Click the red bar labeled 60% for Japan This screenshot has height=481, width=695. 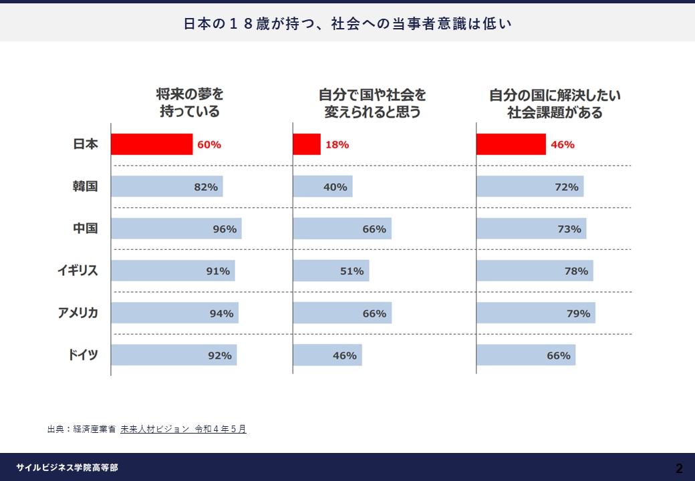tap(152, 144)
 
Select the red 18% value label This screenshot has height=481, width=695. tap(338, 144)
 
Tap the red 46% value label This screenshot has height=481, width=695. tap(563, 144)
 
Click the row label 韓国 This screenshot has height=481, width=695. tap(86, 186)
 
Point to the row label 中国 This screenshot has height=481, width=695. tap(86, 228)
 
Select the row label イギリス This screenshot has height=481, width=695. tap(78, 271)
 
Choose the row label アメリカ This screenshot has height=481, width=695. tap(78, 313)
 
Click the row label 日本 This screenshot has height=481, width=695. tap(86, 144)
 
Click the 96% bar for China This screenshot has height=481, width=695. tap(176, 228)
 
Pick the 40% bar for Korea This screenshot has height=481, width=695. tap(322, 187)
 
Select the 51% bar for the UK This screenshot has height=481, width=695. tap(331, 271)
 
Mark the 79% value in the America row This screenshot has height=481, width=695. tap(579, 313)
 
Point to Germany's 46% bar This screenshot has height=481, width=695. tap(327, 355)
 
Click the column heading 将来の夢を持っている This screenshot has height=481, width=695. tap(190, 103)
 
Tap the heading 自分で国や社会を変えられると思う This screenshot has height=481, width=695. tap(372, 103)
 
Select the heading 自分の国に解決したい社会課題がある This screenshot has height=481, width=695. tap(555, 103)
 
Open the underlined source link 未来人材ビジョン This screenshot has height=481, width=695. tap(155, 429)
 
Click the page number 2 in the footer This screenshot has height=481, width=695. tap(679, 468)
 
